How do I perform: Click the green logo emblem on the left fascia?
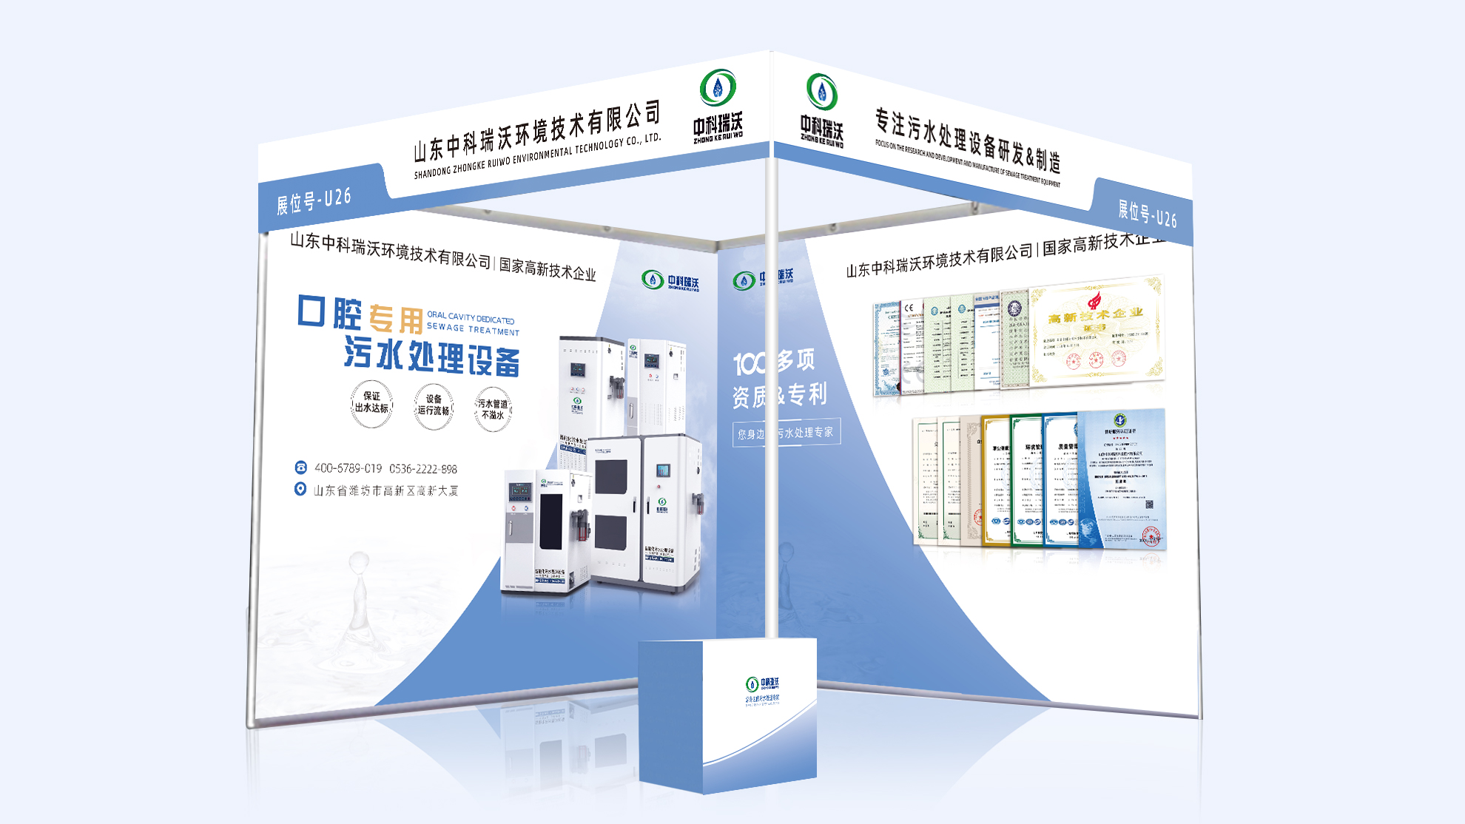pos(717,88)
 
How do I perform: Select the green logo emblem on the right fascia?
pos(821,92)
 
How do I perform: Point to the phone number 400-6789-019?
pos(348,468)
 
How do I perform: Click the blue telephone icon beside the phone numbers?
pos(300,467)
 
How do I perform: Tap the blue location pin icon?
pos(300,489)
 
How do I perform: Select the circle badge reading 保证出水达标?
pos(371,403)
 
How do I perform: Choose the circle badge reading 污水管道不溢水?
pos(493,409)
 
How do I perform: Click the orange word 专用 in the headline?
pos(396,319)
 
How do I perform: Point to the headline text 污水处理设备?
pos(431,357)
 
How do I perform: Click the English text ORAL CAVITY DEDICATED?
pos(471,318)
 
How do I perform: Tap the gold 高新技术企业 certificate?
pos(1096,331)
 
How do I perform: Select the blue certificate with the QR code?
pos(1122,480)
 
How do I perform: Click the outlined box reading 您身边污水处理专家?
pos(786,433)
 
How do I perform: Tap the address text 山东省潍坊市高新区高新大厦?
pos(385,490)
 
